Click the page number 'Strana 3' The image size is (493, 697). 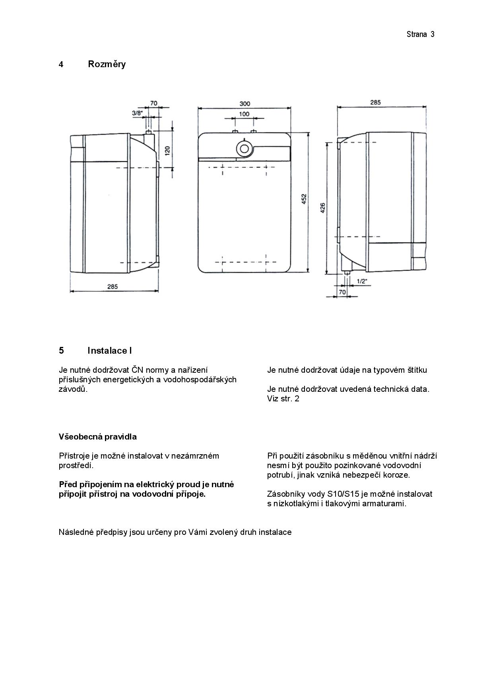tap(420, 34)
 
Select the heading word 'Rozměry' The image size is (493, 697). tap(107, 64)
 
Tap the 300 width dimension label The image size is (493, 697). tap(245, 104)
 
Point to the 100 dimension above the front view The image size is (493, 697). tap(244, 114)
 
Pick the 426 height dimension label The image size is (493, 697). tap(323, 208)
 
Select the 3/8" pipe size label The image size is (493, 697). tap(137, 113)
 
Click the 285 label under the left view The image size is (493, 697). tap(112, 287)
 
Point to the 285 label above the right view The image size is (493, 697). tap(375, 102)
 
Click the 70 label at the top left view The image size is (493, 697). tap(153, 103)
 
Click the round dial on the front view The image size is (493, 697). tap(243, 148)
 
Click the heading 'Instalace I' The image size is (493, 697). tap(110, 350)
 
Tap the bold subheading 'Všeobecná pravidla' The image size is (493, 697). tap(98, 437)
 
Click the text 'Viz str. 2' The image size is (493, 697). tap(283, 399)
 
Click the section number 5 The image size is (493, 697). tap(61, 350)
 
